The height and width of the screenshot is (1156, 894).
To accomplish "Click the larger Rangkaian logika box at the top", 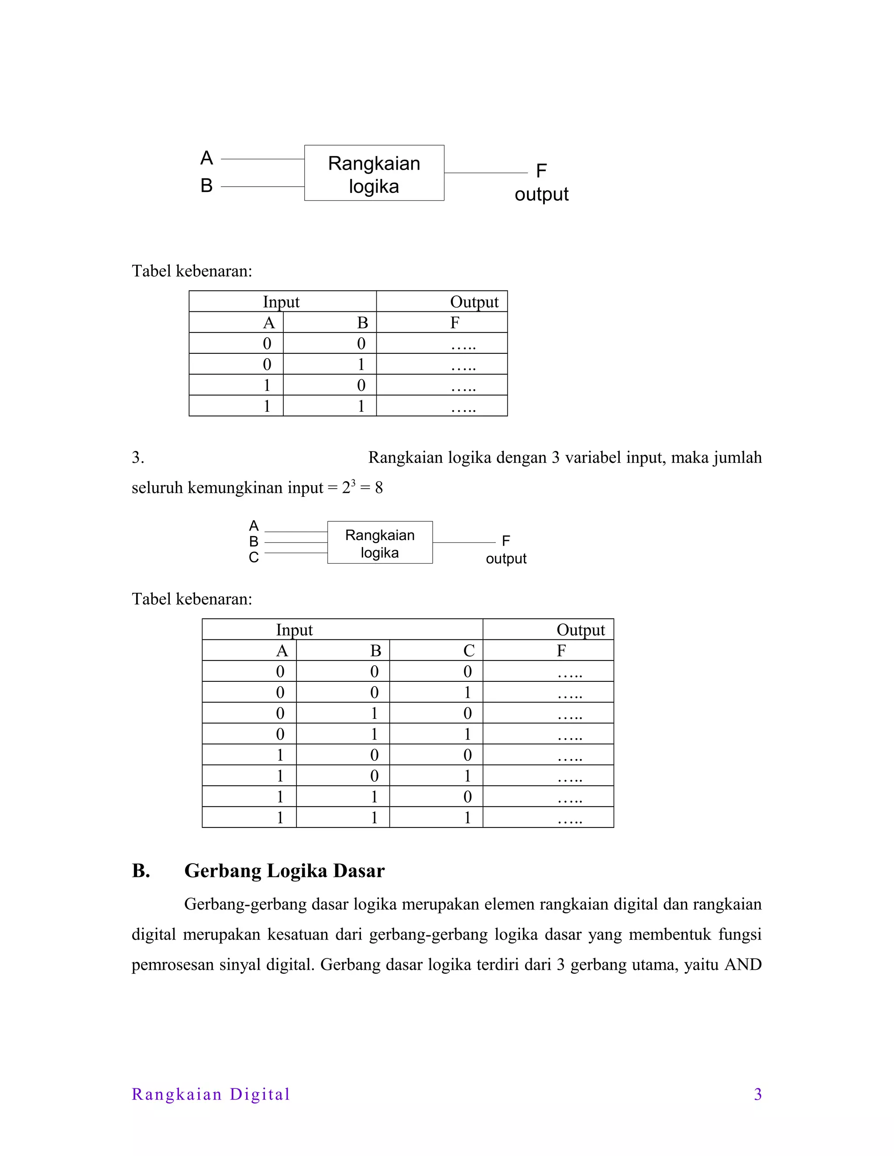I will tap(374, 173).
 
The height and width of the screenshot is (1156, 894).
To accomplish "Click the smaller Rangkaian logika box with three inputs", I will tap(380, 543).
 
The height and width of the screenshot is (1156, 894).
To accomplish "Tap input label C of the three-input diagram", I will tap(254, 557).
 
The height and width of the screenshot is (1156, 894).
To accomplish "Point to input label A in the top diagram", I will tap(206, 158).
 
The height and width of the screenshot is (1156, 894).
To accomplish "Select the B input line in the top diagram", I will tap(262, 186).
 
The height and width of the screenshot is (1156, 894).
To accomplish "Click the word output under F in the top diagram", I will tap(541, 194).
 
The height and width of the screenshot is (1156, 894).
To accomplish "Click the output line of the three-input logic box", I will tap(464, 543).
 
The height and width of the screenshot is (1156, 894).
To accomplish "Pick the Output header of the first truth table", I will tap(474, 302).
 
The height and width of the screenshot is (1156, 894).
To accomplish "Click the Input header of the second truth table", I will tap(295, 630).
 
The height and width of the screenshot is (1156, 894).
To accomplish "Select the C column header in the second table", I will tap(468, 650).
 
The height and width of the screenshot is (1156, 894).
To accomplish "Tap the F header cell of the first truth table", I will tap(454, 322).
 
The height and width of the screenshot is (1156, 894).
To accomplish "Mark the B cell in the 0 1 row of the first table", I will tap(361, 364).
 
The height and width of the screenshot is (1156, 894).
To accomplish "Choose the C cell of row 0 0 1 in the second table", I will tap(467, 692).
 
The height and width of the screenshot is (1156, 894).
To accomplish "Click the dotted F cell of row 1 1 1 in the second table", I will tap(569, 818).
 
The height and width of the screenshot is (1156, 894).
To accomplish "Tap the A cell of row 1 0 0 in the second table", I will tap(280, 755).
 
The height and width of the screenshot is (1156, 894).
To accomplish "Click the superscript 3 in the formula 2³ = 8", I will tap(353, 482).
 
